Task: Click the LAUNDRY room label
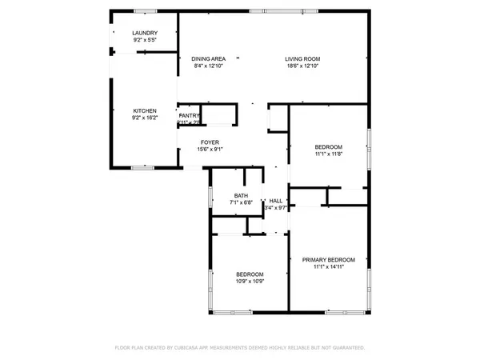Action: point(144,32)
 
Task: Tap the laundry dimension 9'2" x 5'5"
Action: point(144,39)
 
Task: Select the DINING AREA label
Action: point(208,58)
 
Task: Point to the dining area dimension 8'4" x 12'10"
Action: point(208,66)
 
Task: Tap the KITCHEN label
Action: point(144,110)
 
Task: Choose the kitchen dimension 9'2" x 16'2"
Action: point(144,118)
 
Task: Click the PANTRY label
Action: point(189,115)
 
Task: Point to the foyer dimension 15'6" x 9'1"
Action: point(210,148)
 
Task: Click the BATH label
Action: point(241,195)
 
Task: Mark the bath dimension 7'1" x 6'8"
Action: point(241,203)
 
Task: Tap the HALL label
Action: point(275,201)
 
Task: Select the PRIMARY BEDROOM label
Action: point(328,260)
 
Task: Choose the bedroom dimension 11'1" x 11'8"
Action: point(328,154)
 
